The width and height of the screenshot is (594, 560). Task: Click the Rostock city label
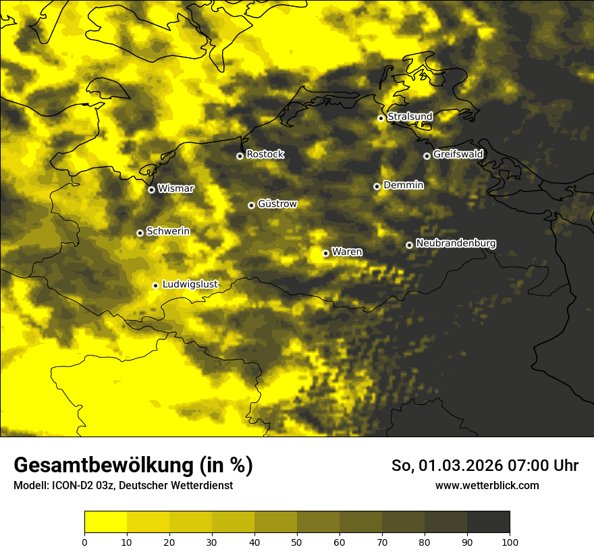pyautogui.click(x=265, y=155)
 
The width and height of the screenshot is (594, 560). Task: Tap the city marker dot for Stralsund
pyautogui.click(x=381, y=118)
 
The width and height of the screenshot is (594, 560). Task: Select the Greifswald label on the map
pyautogui.click(x=458, y=155)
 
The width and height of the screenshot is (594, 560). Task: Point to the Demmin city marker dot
pyautogui.click(x=377, y=186)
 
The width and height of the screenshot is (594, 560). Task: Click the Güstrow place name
pyautogui.click(x=277, y=204)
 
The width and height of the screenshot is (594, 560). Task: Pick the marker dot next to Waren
pyautogui.click(x=325, y=253)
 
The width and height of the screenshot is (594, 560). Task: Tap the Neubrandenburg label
pyautogui.click(x=456, y=244)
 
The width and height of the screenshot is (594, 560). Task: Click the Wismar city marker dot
pyautogui.click(x=151, y=190)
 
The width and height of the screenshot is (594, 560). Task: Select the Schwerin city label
pyautogui.click(x=168, y=231)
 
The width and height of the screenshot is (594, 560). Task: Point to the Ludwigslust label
pyautogui.click(x=190, y=285)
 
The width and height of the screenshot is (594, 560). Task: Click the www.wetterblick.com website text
pyautogui.click(x=487, y=485)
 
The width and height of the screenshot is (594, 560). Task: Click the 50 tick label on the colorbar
pyautogui.click(x=297, y=542)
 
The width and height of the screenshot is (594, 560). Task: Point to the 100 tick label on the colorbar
pyautogui.click(x=510, y=542)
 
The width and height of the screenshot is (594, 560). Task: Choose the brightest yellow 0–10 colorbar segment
pyautogui.click(x=105, y=522)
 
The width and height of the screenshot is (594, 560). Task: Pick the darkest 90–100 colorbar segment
pyautogui.click(x=488, y=522)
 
